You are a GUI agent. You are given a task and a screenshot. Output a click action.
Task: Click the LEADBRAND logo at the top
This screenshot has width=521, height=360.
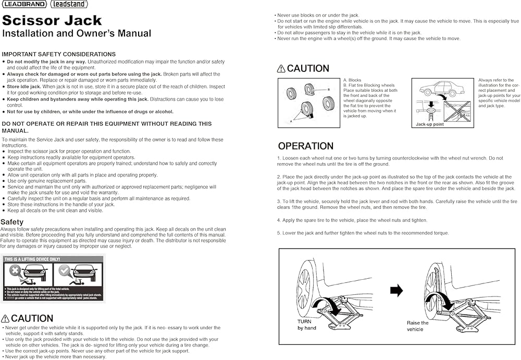[24, 4]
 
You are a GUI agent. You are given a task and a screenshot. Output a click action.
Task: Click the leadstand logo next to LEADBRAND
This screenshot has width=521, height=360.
[69, 4]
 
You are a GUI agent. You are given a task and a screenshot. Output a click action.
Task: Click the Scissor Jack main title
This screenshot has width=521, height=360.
[52, 21]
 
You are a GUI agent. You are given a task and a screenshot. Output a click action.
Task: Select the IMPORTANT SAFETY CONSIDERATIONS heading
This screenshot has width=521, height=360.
[58, 54]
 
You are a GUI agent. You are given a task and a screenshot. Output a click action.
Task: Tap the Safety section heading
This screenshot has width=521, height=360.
[12, 222]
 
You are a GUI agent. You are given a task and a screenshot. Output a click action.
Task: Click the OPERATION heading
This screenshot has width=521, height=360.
[305, 146]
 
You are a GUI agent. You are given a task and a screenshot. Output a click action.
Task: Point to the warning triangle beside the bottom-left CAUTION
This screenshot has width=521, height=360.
[5, 319]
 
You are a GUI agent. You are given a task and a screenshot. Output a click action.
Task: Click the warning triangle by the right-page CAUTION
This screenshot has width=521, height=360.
[281, 69]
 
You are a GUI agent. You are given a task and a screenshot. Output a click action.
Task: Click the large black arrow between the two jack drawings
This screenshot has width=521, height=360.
[396, 291]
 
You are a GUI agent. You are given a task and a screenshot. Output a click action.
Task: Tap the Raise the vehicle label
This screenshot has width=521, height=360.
[418, 326]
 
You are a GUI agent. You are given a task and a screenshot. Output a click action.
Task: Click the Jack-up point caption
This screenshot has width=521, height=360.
[430, 125]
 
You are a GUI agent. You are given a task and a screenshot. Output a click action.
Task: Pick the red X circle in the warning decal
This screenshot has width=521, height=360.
[16, 270]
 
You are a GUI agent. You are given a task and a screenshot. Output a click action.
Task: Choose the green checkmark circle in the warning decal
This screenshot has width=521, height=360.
[65, 270]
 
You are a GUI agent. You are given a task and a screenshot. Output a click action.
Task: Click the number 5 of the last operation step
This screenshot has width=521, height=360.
[279, 233]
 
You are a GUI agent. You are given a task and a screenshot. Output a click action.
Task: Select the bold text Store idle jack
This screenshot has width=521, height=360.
[24, 87]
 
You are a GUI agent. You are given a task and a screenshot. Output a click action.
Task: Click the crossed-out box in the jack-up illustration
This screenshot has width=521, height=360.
[456, 111]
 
